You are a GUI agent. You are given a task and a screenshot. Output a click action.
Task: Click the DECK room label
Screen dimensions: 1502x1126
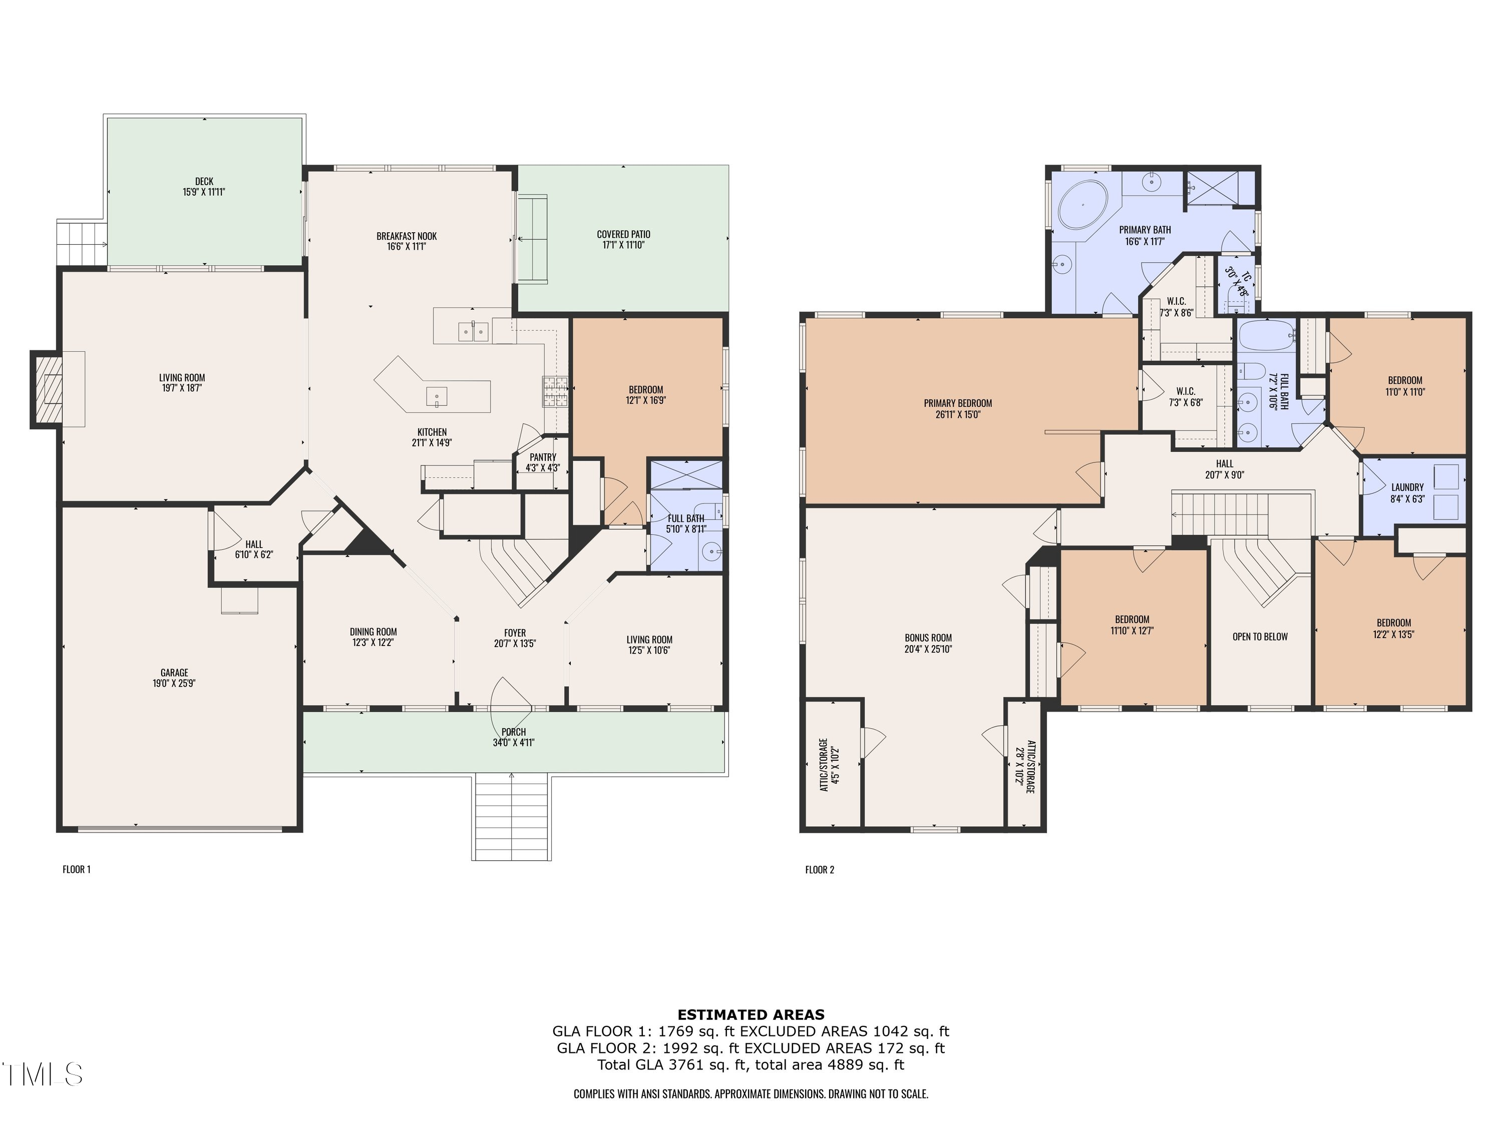[x=204, y=181]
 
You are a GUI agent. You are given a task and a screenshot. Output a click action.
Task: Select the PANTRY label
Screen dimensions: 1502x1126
[x=543, y=457]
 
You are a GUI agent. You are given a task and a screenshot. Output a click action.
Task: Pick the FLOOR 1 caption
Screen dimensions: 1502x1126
[x=77, y=869]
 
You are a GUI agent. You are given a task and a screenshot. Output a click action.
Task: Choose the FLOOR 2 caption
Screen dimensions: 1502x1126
[x=820, y=869]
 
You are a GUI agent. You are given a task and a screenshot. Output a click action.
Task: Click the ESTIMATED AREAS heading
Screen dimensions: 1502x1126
[x=751, y=1015]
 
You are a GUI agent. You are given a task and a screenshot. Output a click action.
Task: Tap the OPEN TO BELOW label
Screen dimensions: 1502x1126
[x=1260, y=637]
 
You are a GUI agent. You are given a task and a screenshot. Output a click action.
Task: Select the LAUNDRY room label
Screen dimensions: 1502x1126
[x=1407, y=487]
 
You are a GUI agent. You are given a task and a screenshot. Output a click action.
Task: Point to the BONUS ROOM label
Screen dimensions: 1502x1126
[x=928, y=638]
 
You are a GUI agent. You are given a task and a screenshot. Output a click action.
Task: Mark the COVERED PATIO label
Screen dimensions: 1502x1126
[x=623, y=234]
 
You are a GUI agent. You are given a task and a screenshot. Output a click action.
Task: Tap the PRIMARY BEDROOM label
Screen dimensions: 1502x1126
[x=958, y=403]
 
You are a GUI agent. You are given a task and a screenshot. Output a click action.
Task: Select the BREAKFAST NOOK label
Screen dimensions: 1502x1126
[x=407, y=236]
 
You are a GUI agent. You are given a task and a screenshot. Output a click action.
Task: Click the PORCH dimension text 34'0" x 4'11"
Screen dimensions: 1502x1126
[x=514, y=743]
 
